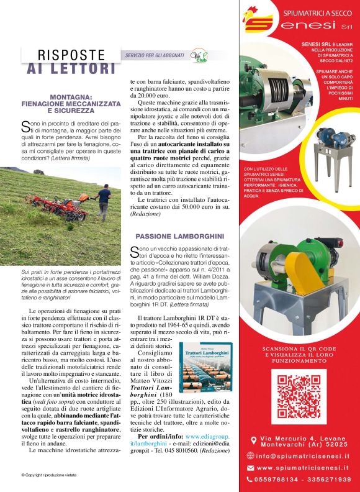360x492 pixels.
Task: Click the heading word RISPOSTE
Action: tap(71, 55)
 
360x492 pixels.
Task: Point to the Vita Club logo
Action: tap(199, 55)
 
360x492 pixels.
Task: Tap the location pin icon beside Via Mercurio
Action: tap(253, 440)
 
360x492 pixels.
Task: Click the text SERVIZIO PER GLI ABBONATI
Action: tap(154, 55)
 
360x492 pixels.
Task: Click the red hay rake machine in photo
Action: tap(59, 208)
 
